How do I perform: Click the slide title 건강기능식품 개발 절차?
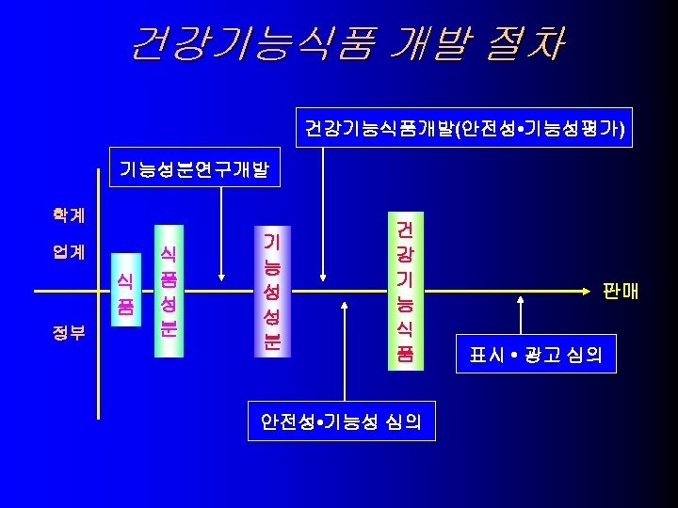[x=347, y=43]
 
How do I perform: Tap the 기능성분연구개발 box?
[x=193, y=170]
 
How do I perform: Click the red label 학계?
[x=68, y=214]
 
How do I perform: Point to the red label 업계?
[x=68, y=252]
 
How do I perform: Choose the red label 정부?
[x=68, y=331]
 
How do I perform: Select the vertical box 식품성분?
[x=168, y=291]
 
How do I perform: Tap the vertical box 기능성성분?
[x=269, y=291]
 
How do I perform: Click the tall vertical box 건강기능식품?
[x=404, y=291]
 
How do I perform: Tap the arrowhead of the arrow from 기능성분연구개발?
[x=221, y=277]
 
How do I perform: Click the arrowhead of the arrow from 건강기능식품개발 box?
[x=323, y=277]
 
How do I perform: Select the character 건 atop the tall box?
[x=404, y=230]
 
